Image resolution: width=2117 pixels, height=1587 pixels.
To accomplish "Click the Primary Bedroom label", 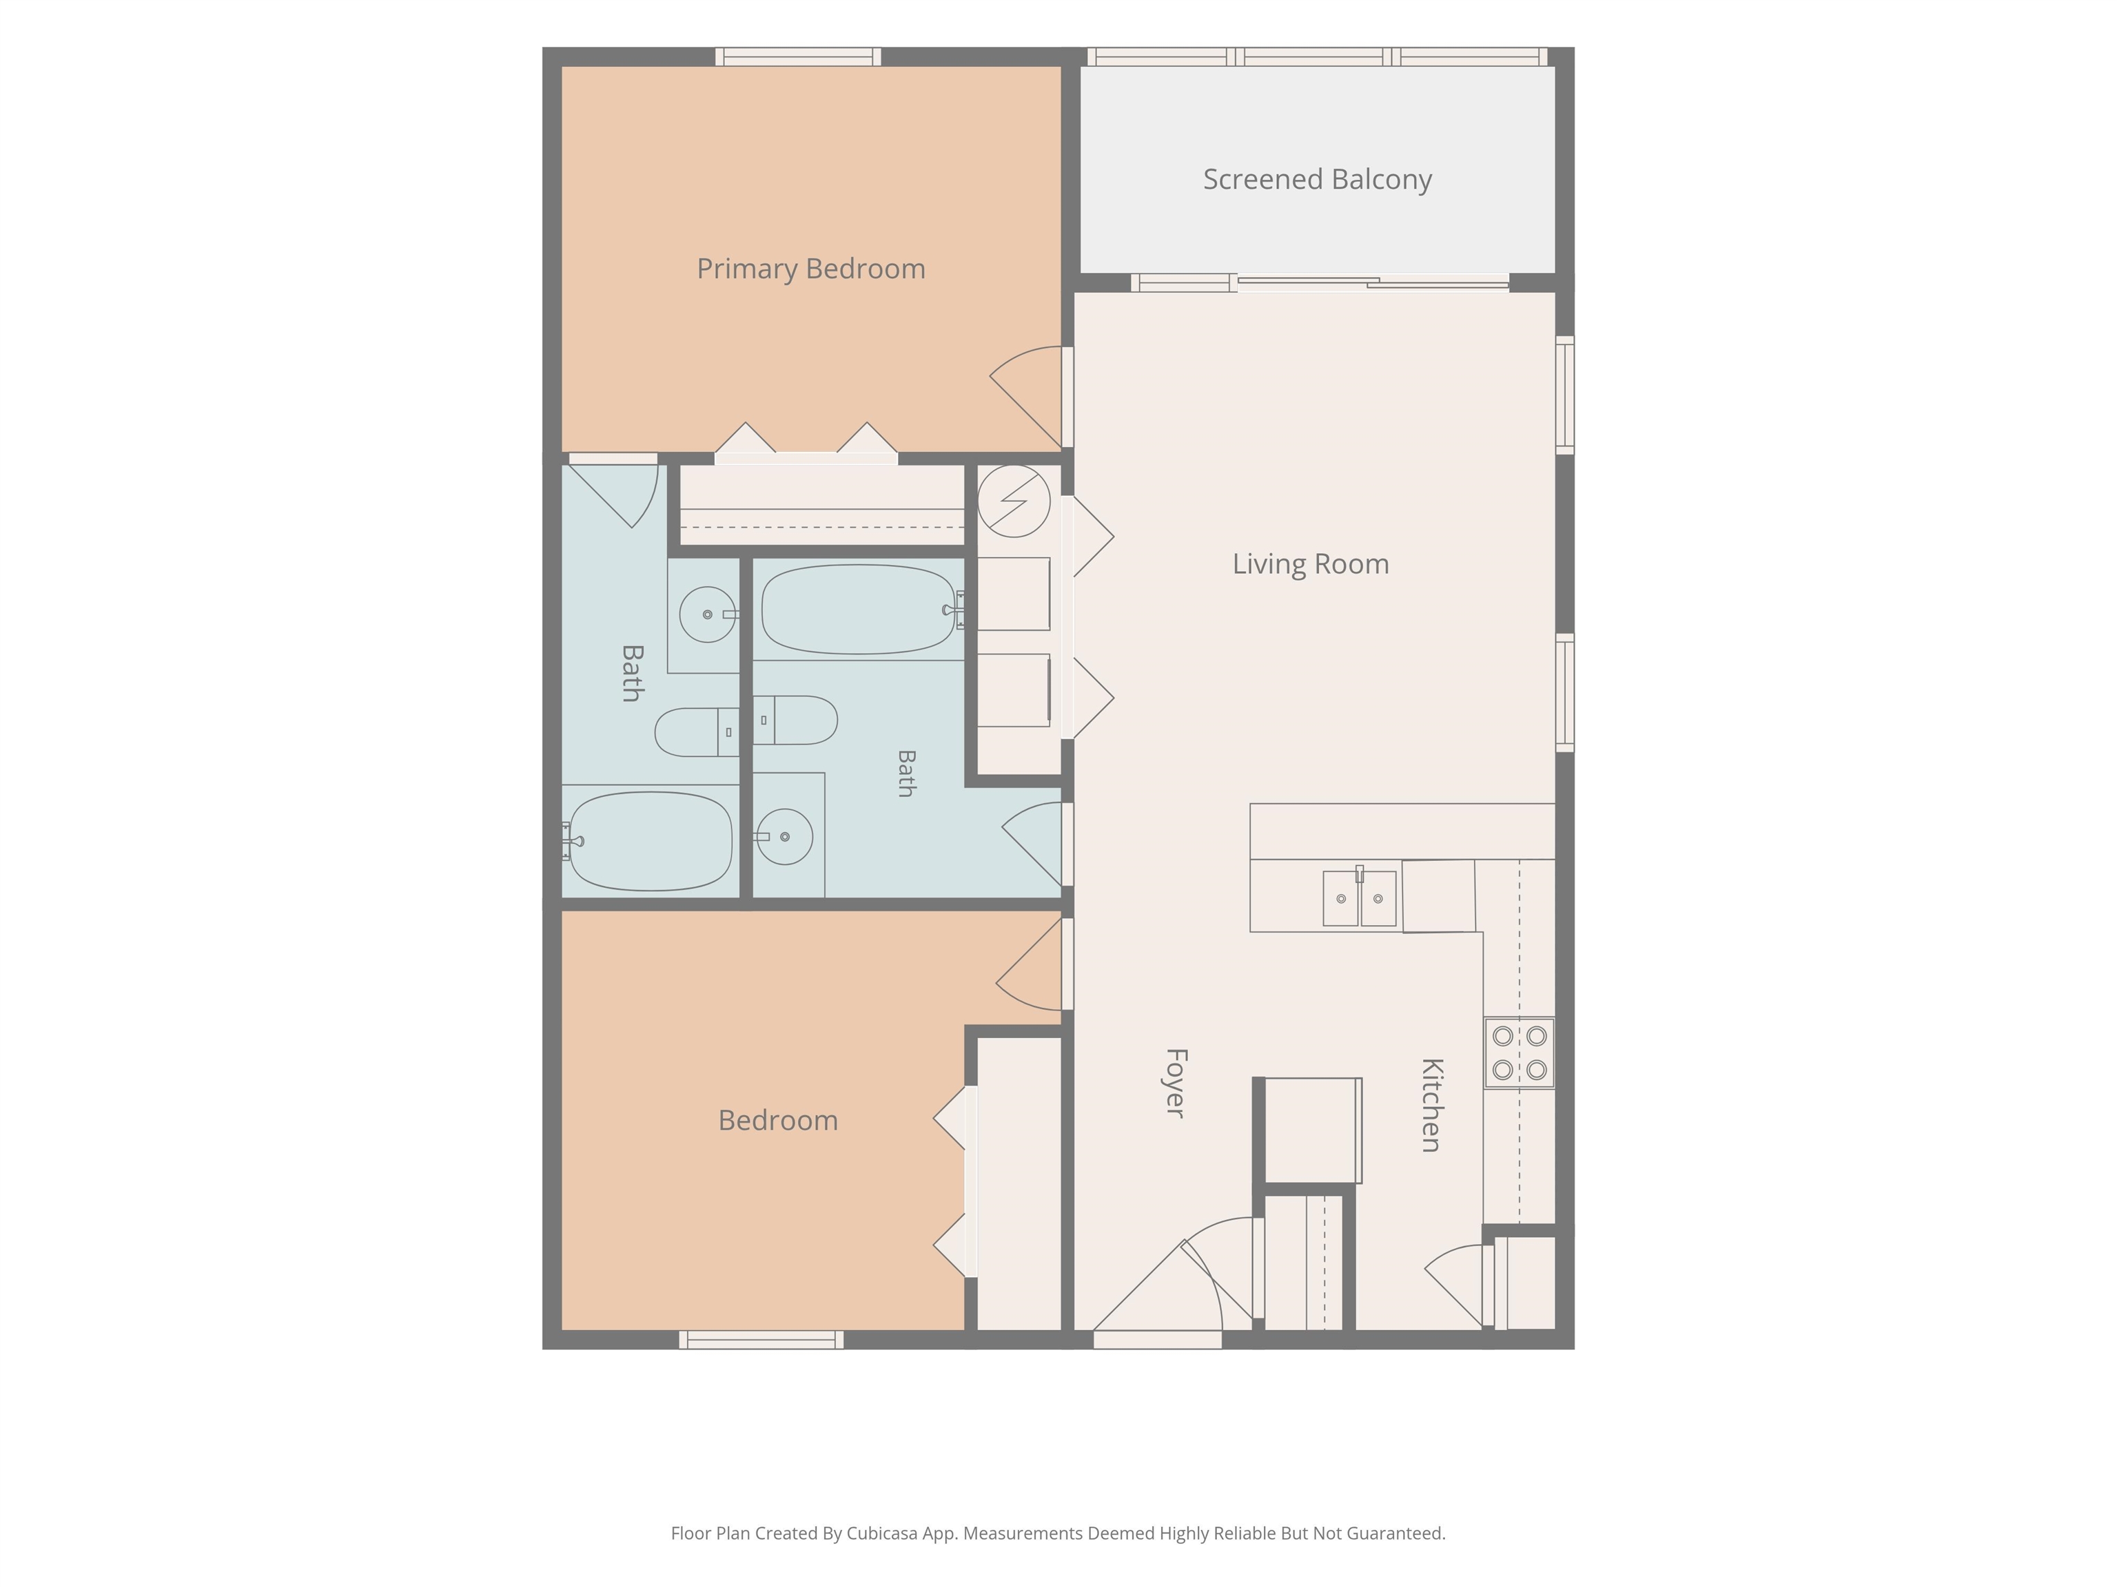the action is pyautogui.click(x=810, y=269).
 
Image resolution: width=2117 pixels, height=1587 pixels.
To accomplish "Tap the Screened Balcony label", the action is pyautogui.click(x=1317, y=179).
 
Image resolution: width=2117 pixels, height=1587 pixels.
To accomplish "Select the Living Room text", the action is pyautogui.click(x=1310, y=564).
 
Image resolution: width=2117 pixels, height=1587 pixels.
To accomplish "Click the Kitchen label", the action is pyautogui.click(x=1431, y=1105).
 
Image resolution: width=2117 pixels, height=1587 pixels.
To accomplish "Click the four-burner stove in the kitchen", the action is pyautogui.click(x=1520, y=1052).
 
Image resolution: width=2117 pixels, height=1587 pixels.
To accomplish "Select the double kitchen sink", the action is pyautogui.click(x=1359, y=898).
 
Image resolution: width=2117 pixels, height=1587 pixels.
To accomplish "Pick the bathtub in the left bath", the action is pyautogui.click(x=651, y=841).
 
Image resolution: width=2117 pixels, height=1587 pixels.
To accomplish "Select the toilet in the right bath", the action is pyautogui.click(x=795, y=720).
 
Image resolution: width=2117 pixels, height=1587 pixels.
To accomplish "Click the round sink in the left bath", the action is pyautogui.click(x=707, y=614).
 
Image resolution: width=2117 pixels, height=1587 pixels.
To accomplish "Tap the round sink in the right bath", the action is pyautogui.click(x=785, y=837).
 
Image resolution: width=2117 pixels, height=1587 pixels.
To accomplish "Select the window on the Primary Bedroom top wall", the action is pyautogui.click(x=798, y=56).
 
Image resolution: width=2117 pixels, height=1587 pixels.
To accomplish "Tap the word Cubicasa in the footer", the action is pyautogui.click(x=881, y=1533).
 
